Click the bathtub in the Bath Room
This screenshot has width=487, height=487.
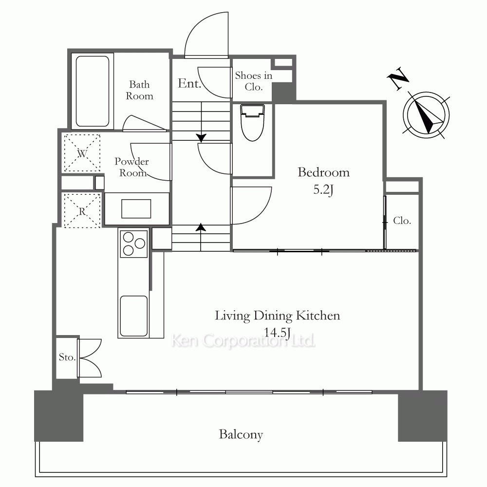[92, 92]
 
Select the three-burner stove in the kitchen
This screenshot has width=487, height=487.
[133, 244]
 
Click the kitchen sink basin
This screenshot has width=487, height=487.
[133, 316]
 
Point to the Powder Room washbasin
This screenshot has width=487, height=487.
[136, 209]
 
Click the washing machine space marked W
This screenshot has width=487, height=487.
[82, 153]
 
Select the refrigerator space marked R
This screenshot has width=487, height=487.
[82, 211]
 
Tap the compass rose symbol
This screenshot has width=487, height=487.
[426, 115]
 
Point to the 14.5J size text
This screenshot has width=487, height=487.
[277, 332]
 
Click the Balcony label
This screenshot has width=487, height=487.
[241, 434]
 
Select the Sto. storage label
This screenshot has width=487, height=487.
[67, 357]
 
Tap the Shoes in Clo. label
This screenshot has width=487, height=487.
[253, 81]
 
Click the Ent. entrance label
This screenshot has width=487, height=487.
[189, 83]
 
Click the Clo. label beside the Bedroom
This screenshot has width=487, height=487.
[402, 221]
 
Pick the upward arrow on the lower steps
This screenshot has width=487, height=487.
[201, 237]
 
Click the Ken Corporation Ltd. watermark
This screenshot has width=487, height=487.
[243, 341]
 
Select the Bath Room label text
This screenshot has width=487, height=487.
[139, 90]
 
